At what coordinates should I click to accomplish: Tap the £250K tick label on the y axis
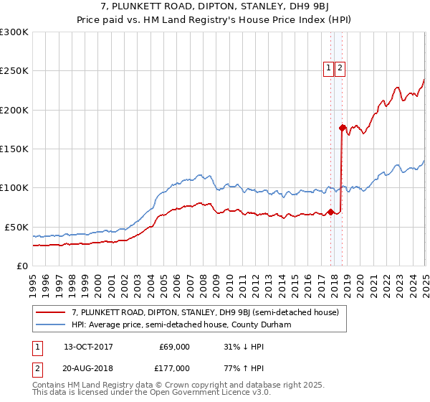coord(14,71)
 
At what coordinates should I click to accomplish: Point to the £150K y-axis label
coord(14,149)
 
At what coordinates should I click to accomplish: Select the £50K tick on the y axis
coord(17,227)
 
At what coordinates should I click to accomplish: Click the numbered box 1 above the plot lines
coord(328,68)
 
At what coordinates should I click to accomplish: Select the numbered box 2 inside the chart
coord(340,68)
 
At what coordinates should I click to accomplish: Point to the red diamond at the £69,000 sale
coord(330,212)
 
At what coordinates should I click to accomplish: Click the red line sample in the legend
coord(51,312)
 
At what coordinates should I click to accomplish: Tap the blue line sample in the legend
coord(51,324)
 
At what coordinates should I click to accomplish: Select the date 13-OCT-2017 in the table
coord(89,347)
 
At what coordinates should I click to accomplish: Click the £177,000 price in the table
coord(174,368)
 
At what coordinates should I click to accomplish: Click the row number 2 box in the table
coord(36,368)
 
